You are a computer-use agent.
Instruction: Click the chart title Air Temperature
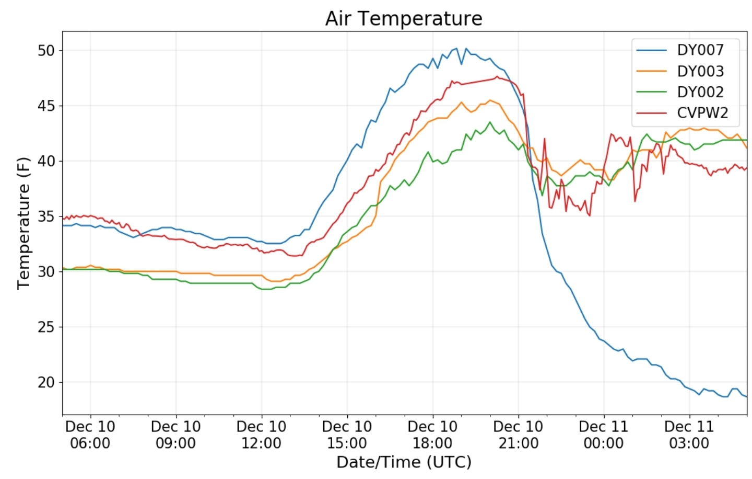tap(403, 19)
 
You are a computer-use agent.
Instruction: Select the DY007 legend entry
tap(700, 50)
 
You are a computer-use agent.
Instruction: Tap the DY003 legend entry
tap(700, 71)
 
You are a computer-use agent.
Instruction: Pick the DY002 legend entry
tap(700, 92)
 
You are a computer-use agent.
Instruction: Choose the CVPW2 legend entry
tap(702, 113)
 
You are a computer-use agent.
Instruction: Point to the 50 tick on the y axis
tap(46, 51)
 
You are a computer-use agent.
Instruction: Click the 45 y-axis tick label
tap(46, 106)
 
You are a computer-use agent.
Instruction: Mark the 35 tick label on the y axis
tap(46, 216)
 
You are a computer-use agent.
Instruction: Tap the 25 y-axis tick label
tap(46, 327)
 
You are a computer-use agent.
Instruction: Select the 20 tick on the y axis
tap(46, 382)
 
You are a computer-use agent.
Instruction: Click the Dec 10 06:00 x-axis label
tap(90, 435)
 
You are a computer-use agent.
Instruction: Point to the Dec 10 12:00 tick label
tap(261, 435)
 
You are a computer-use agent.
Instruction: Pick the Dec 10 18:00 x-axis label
tap(432, 435)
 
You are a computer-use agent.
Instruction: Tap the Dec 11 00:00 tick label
tap(604, 435)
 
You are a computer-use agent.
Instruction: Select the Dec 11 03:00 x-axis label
tap(689, 435)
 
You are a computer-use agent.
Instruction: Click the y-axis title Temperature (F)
tap(23, 223)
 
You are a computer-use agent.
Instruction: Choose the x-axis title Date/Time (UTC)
tap(404, 462)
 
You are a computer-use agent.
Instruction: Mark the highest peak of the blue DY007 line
tap(456, 49)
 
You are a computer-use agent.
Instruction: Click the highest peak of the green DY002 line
tap(490, 122)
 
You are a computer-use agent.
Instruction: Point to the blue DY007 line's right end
tap(746, 397)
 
